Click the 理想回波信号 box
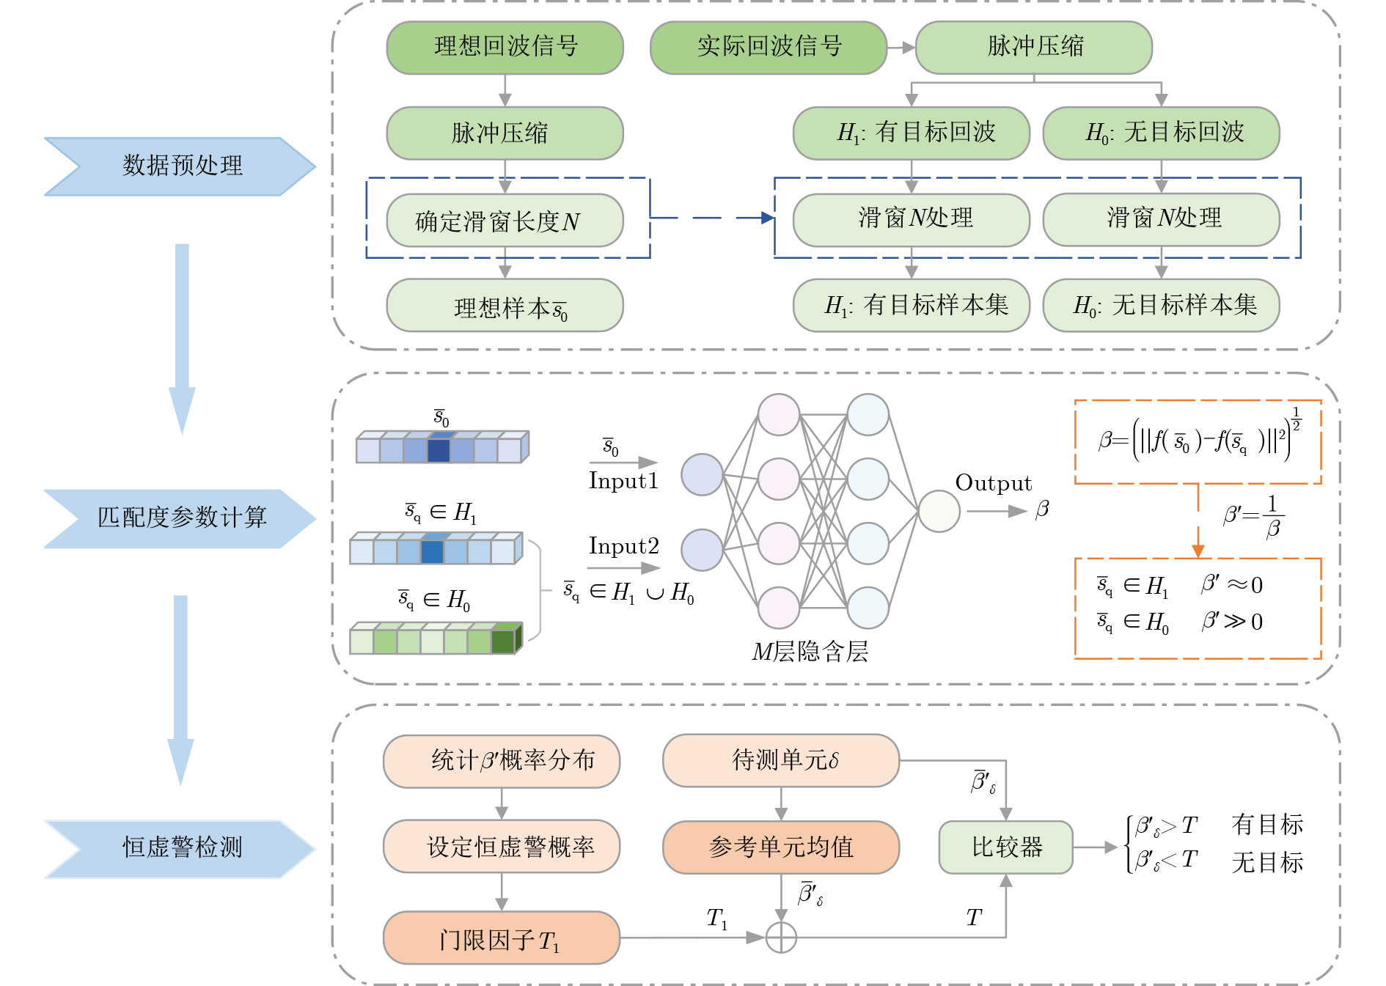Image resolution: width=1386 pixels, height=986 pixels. [x=505, y=48]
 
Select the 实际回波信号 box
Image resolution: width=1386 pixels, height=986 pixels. [x=768, y=48]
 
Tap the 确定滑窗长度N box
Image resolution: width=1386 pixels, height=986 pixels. [x=505, y=220]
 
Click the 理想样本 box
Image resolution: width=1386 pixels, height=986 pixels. [x=505, y=306]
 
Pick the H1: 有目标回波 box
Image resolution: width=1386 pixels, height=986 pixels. [x=911, y=133]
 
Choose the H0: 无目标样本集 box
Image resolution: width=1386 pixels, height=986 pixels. [x=1161, y=306]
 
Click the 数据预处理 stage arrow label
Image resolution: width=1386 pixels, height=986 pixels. [x=181, y=166]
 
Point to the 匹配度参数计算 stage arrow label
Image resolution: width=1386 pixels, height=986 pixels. [x=181, y=518]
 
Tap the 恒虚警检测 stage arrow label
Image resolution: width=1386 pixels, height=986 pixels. [x=181, y=848]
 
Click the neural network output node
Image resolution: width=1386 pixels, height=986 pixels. [x=939, y=511]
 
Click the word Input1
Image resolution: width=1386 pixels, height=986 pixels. [x=623, y=481]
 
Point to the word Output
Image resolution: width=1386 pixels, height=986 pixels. [x=993, y=483]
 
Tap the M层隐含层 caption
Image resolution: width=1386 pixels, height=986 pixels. [x=810, y=651]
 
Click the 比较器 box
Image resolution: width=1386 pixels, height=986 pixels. [x=1005, y=847]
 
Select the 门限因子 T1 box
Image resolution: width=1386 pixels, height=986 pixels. [x=501, y=938]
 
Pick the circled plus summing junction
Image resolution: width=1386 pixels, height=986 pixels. [x=781, y=938]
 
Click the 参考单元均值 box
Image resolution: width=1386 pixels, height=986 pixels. [x=780, y=847]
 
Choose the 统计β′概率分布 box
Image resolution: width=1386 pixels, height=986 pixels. [x=501, y=761]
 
